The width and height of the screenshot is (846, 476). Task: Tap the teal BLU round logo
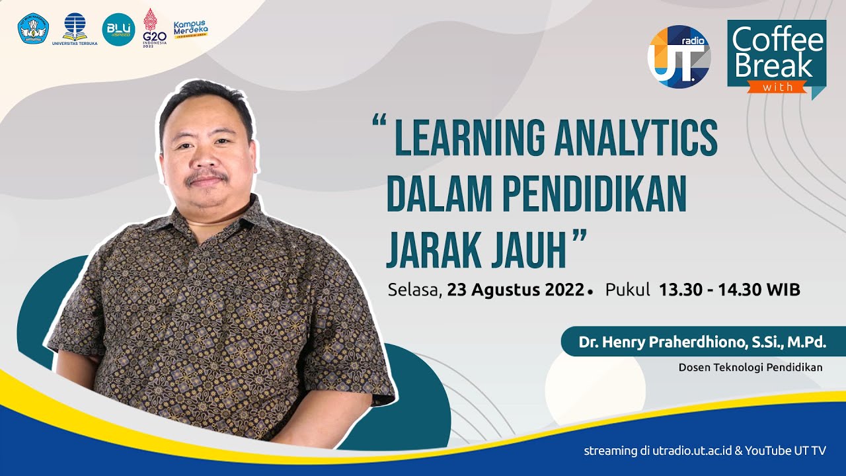click(118, 29)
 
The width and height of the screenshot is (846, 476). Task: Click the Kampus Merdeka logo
click(190, 28)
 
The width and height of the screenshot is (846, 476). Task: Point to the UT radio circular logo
click(679, 56)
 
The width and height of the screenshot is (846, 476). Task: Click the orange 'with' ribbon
click(777, 87)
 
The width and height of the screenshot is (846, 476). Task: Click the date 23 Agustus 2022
click(516, 290)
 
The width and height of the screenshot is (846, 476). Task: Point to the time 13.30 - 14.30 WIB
click(729, 290)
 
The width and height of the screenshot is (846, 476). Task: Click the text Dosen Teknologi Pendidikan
click(750, 368)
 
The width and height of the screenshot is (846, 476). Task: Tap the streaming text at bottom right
click(705, 452)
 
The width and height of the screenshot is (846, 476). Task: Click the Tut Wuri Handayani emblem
click(34, 28)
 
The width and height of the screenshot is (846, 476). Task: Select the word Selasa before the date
click(414, 290)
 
